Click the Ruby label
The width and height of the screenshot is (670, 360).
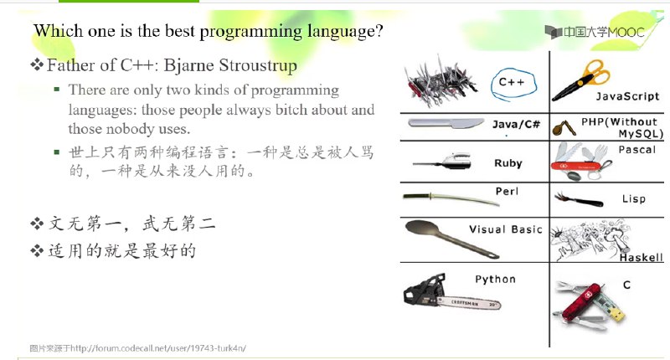[508, 163]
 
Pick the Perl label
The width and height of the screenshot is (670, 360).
[507, 191]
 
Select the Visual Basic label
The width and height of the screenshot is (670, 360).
[505, 229]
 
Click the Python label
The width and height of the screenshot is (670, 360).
[495, 279]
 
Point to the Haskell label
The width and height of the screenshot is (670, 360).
[641, 258]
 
